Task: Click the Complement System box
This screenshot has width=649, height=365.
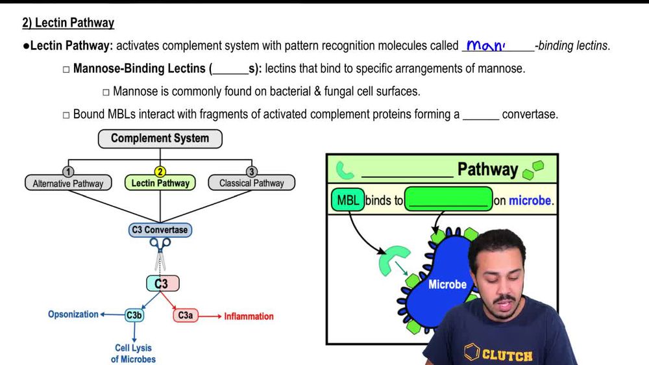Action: tap(160, 138)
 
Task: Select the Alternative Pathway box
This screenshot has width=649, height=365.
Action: tap(68, 183)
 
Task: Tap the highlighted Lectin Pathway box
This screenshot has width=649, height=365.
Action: tap(160, 183)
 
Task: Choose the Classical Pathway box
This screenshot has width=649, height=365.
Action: tap(251, 183)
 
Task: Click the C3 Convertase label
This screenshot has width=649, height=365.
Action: tap(159, 230)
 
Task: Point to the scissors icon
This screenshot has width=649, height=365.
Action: tap(160, 249)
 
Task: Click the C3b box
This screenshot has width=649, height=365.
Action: tap(134, 316)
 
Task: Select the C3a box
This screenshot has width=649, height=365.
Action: tap(185, 316)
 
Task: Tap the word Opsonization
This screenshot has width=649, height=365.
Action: tap(73, 314)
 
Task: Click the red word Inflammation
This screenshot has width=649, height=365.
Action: tap(249, 316)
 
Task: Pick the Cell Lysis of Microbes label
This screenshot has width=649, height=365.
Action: tap(133, 353)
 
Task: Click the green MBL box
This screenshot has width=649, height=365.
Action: tap(348, 201)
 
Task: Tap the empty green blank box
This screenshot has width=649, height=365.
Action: tap(448, 200)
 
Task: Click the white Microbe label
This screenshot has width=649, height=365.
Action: tap(447, 284)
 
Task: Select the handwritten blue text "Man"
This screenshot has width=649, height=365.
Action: tap(486, 46)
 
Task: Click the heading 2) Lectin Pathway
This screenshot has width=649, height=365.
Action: tap(68, 23)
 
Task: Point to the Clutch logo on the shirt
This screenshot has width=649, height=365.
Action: tap(499, 355)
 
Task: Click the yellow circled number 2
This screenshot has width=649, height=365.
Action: tap(160, 172)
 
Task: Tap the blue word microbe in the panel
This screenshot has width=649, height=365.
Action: tap(530, 201)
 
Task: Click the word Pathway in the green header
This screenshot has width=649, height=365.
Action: tap(487, 170)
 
